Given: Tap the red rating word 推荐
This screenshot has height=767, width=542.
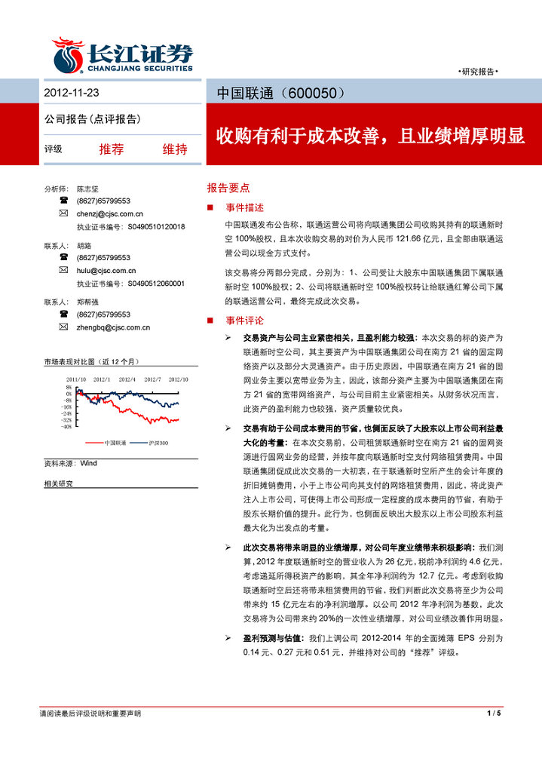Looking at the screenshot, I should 111,149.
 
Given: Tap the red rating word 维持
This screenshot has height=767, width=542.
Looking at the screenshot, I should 175,149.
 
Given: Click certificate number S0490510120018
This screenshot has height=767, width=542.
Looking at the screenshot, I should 156,226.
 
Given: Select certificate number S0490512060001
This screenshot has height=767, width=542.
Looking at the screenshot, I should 156,284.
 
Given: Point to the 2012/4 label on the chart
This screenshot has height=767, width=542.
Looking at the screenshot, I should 127,379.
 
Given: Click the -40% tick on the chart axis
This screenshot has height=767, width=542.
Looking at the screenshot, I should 68,426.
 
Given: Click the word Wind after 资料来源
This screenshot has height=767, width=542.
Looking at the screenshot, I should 89,462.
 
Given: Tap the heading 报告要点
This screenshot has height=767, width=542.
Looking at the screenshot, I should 228,188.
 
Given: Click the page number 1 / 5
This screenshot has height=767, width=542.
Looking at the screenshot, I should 494,713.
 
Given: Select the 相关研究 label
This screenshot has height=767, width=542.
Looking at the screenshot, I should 59,483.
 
